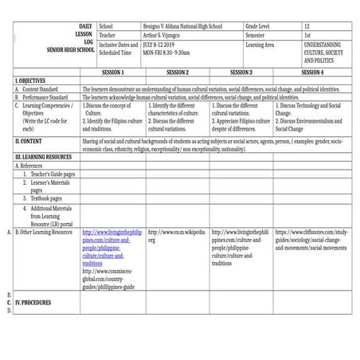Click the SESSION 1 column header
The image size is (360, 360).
[113, 72]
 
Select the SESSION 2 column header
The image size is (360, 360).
[178, 72]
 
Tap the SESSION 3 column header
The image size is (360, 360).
[241, 72]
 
